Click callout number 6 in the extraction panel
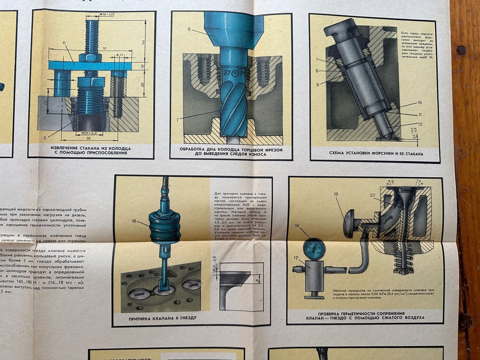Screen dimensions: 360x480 pos(63,43)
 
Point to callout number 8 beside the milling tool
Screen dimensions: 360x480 pos(189,29)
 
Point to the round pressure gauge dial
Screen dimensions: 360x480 pos(314,249)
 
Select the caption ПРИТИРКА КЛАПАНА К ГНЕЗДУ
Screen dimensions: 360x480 pos(163,318)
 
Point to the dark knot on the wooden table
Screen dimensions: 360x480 pos(461,50)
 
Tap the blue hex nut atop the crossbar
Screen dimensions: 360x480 pos(91,58)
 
